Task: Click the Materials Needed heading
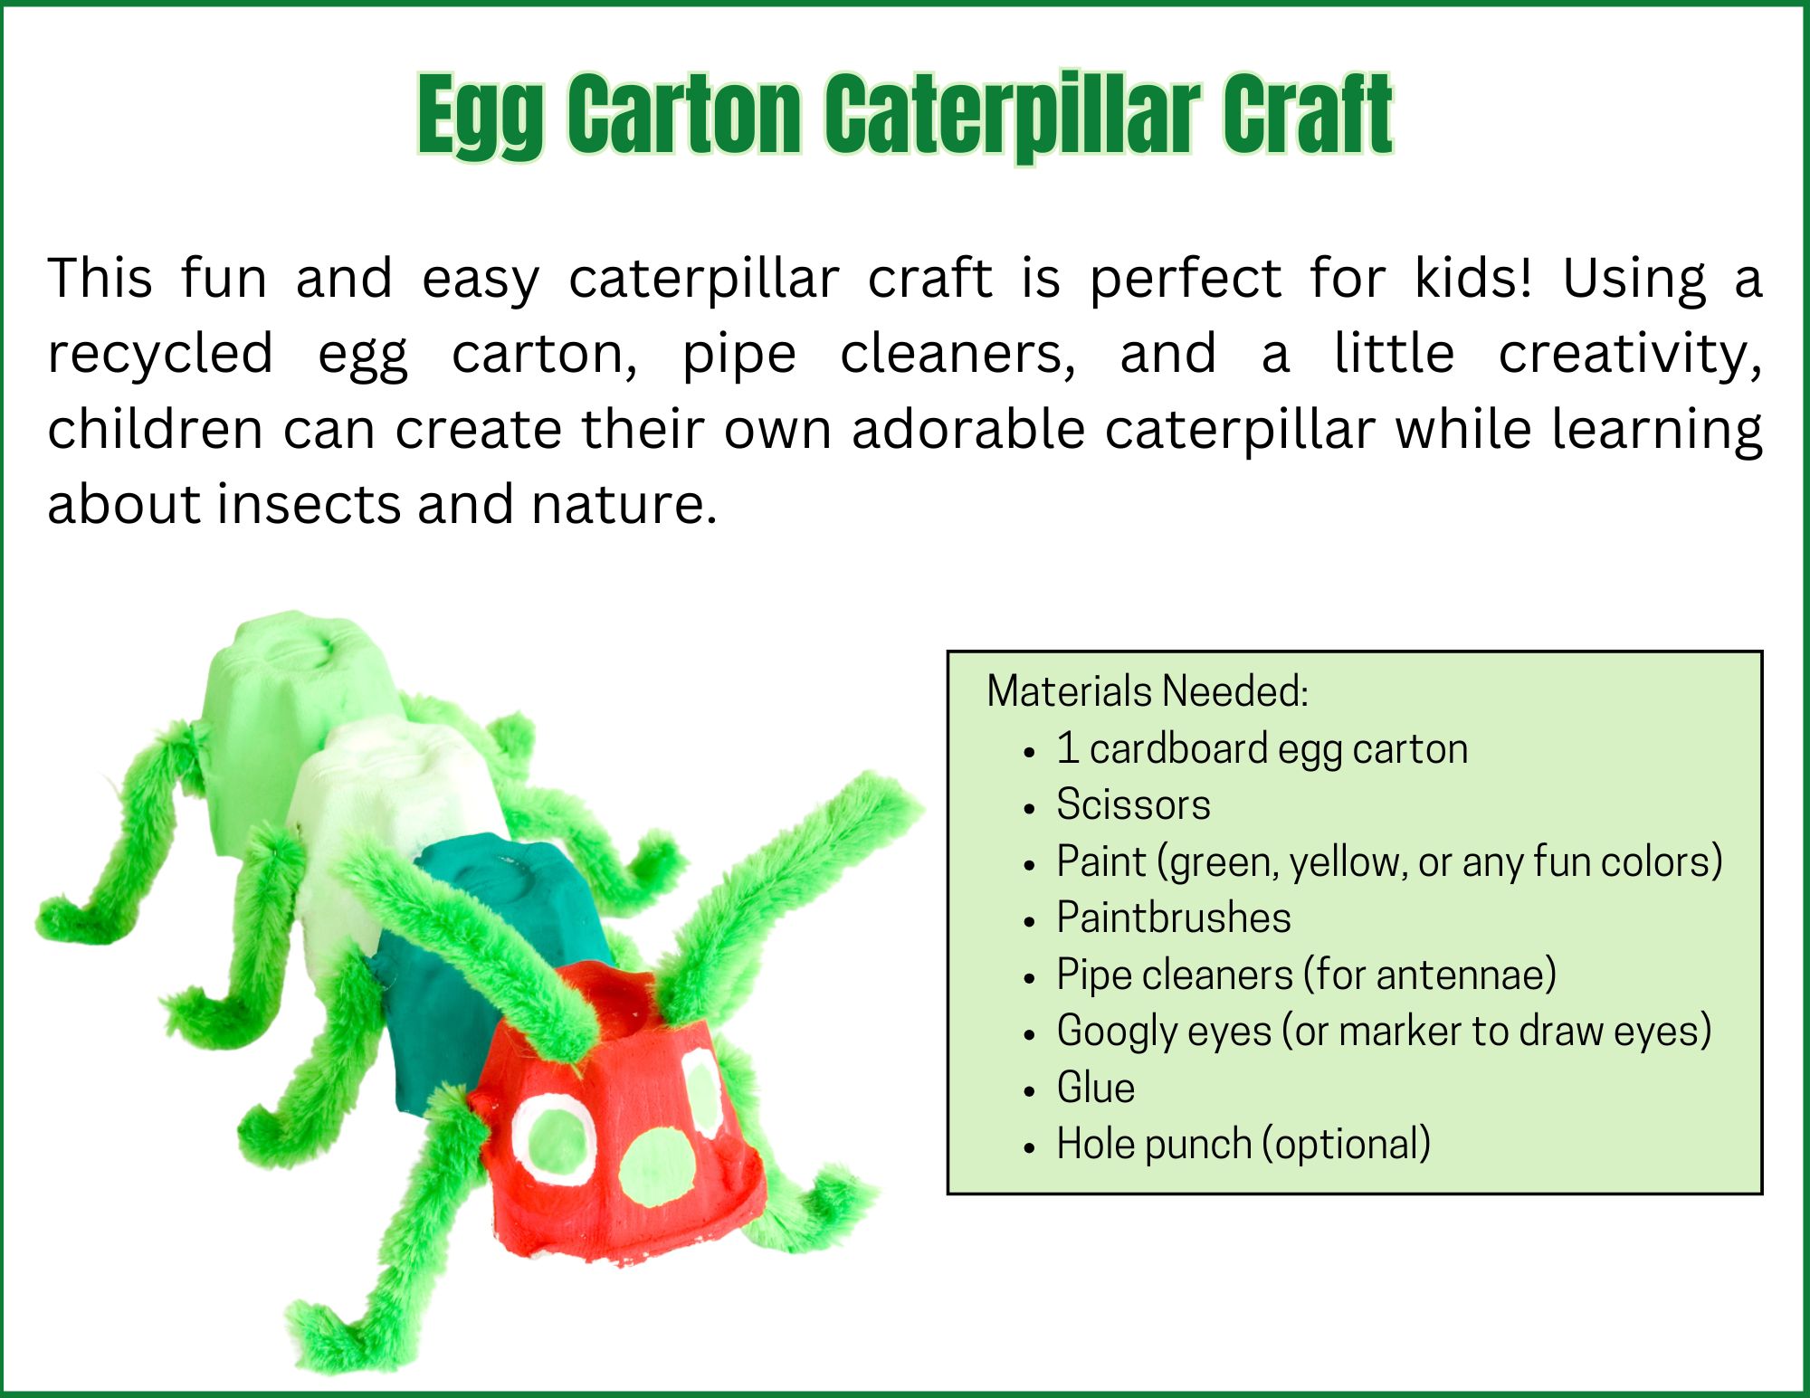pyautogui.click(x=1148, y=691)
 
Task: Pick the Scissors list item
pyautogui.click(x=1133, y=804)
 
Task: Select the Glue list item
pyautogui.click(x=1095, y=1088)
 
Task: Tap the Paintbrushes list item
pyautogui.click(x=1174, y=918)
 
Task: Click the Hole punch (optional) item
pyautogui.click(x=1243, y=1145)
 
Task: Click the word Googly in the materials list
pyautogui.click(x=1118, y=1032)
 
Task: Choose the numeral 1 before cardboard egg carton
pyautogui.click(x=1067, y=748)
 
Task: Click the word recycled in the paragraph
pyautogui.click(x=160, y=355)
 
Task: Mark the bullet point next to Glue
pyautogui.click(x=1029, y=1091)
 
